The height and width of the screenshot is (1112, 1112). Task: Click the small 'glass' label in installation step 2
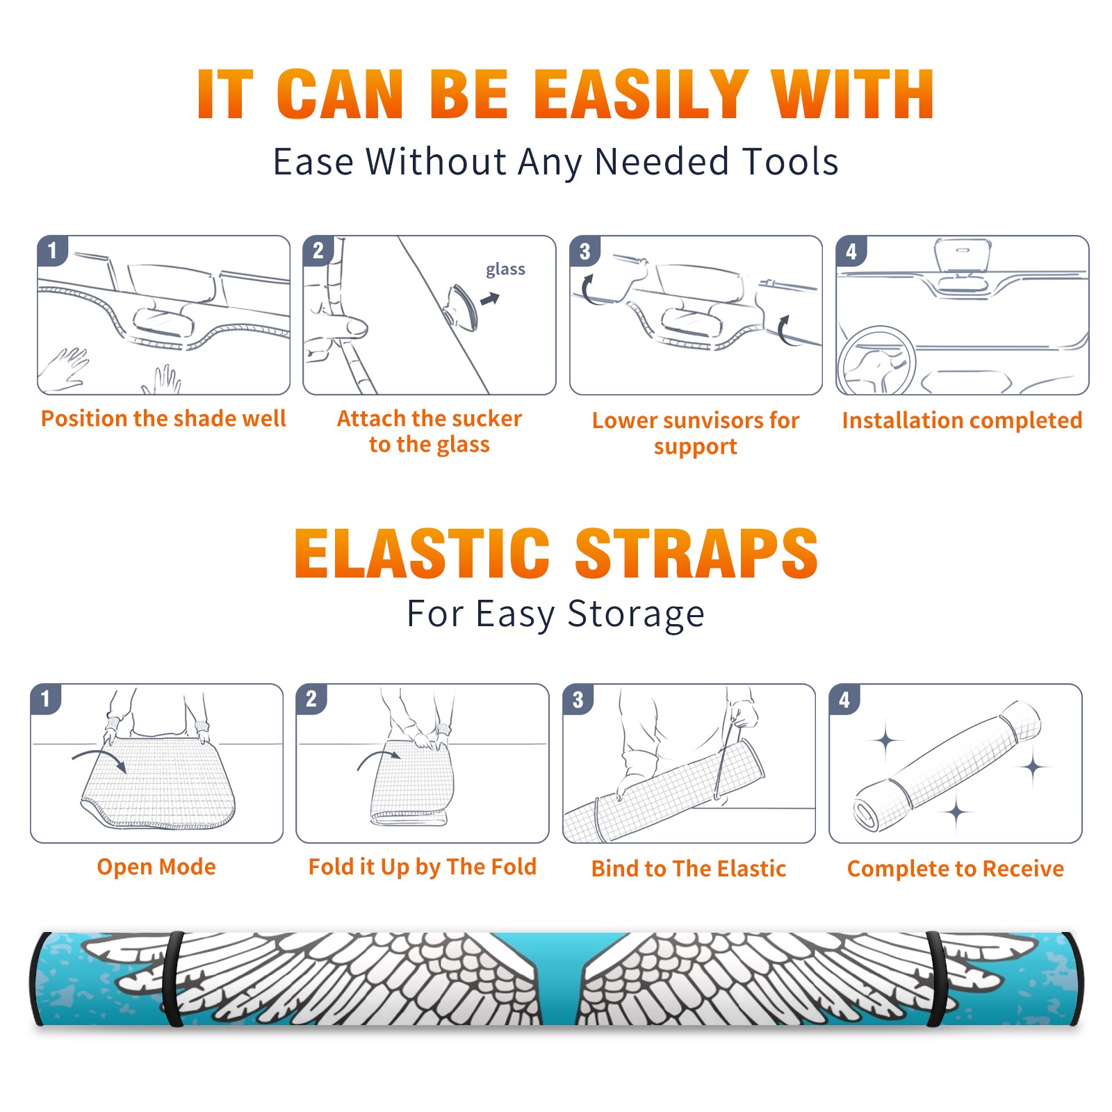[x=505, y=270]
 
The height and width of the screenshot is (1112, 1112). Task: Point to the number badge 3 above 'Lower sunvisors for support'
[x=584, y=251]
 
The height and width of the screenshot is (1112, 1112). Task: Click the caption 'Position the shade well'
[x=163, y=418]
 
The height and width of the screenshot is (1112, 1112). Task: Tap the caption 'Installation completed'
[x=962, y=420]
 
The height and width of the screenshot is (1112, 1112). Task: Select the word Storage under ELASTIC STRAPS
[x=636, y=614]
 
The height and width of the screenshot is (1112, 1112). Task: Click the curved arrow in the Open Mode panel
[x=99, y=759]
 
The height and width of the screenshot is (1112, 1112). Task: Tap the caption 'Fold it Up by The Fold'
[x=423, y=867]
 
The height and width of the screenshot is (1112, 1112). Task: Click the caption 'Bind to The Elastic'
[x=689, y=869]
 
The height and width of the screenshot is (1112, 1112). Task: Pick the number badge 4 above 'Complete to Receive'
[x=844, y=699]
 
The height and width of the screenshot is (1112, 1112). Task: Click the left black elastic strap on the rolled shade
[x=173, y=979]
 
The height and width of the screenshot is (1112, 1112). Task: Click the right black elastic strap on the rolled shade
[x=937, y=979]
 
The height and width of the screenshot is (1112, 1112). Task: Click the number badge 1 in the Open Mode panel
[x=46, y=698]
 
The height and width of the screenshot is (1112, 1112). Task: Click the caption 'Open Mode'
[x=156, y=867]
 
